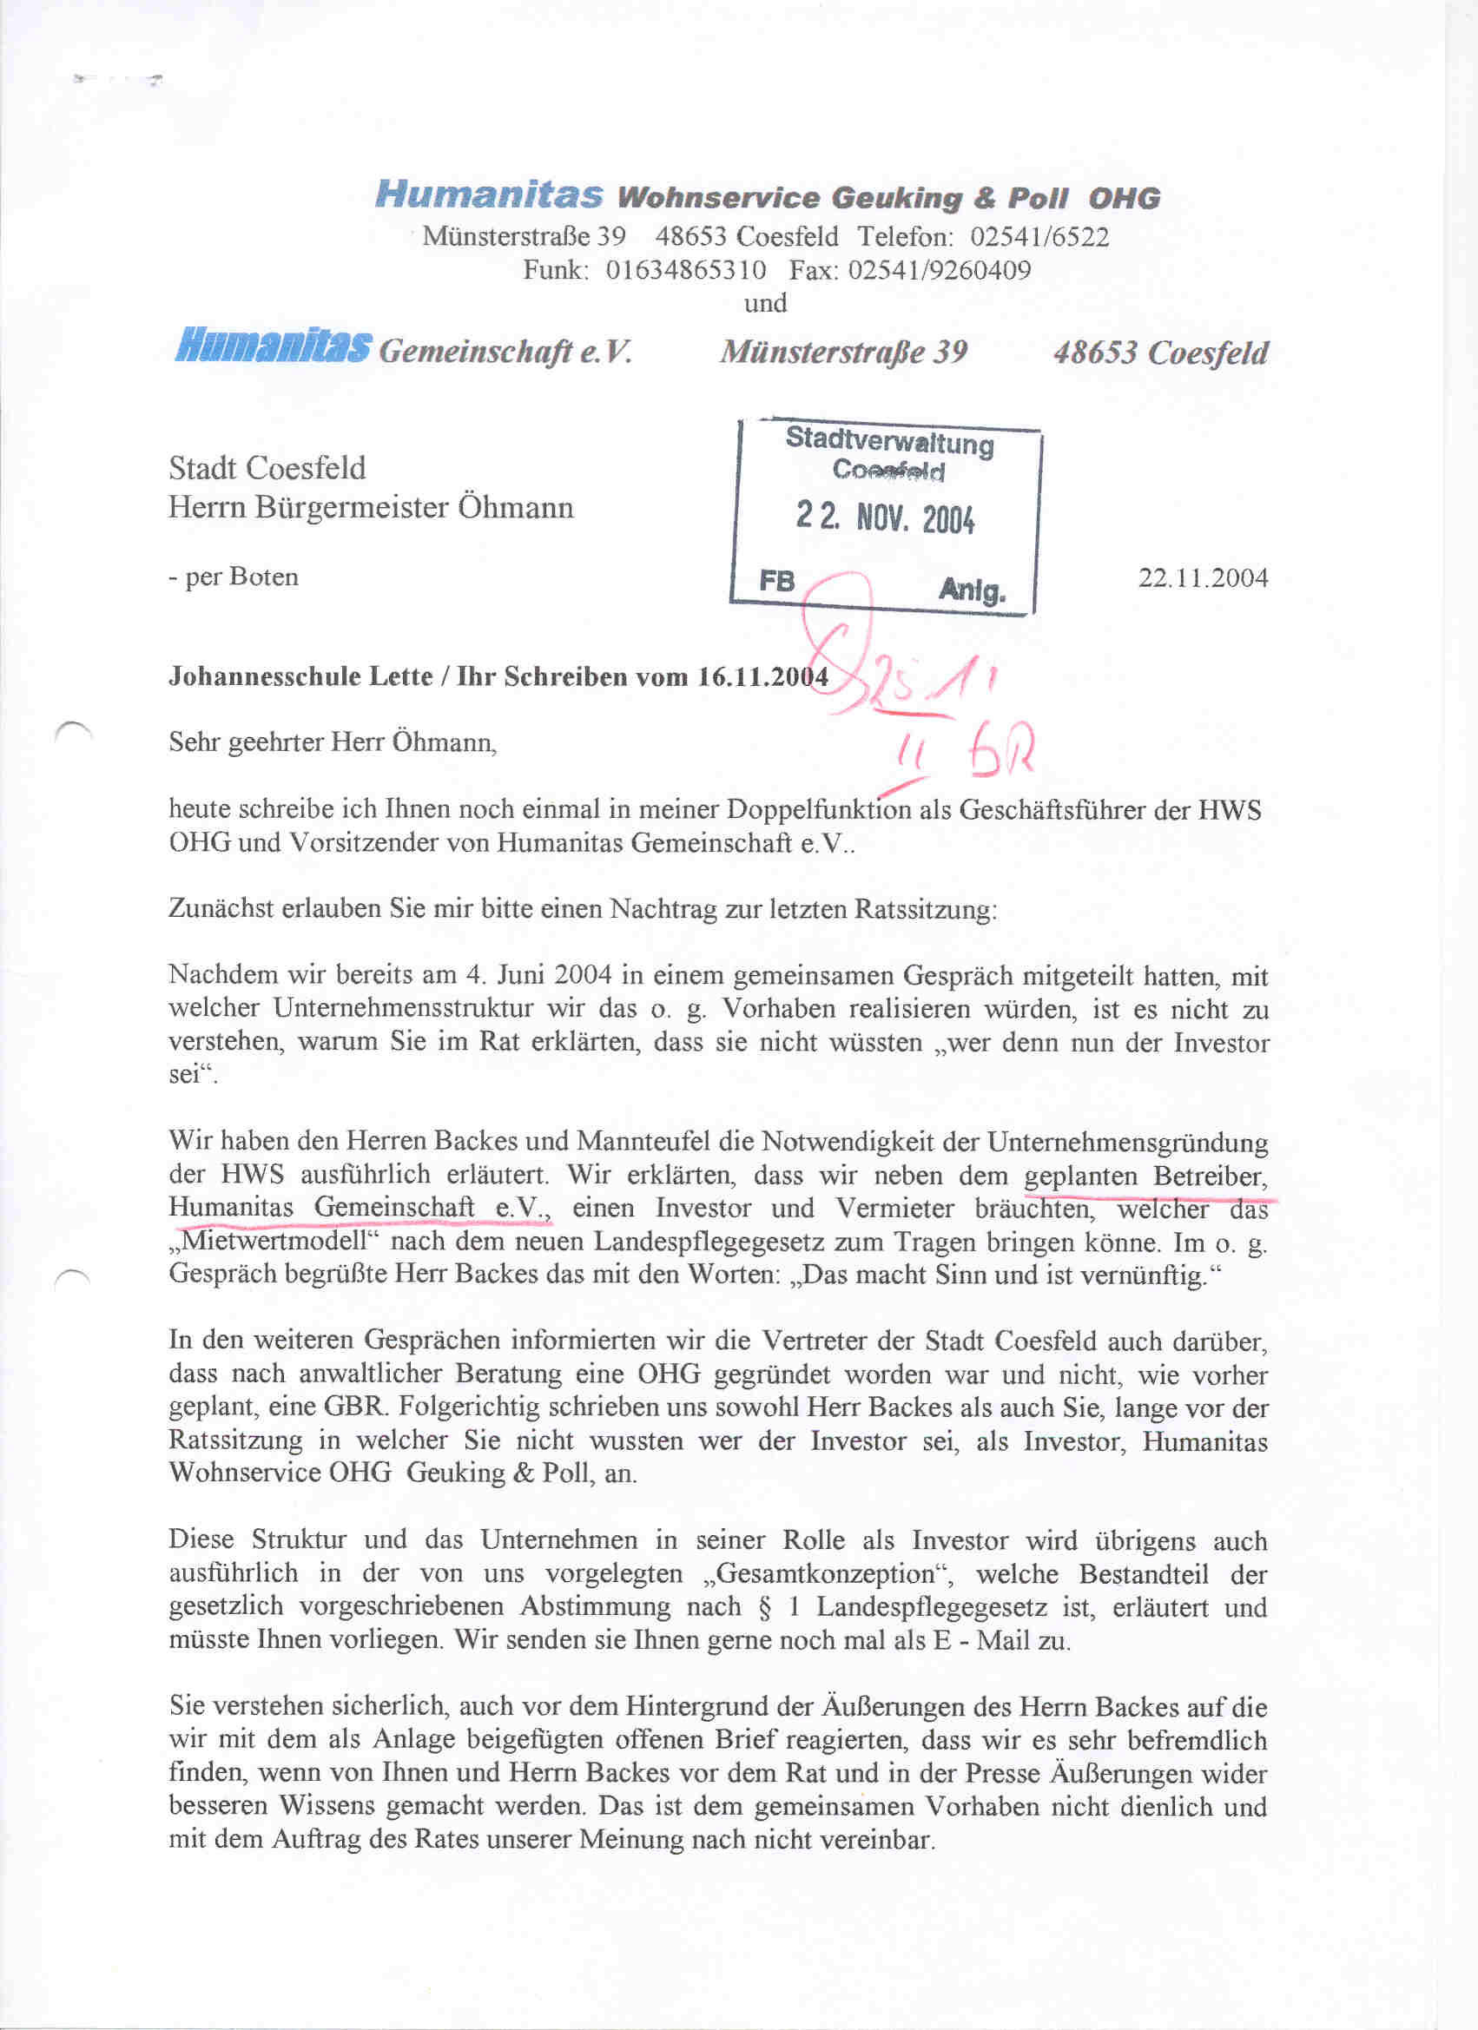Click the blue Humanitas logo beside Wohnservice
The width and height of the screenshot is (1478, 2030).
click(x=489, y=194)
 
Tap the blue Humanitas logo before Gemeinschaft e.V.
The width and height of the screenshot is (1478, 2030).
click(x=273, y=346)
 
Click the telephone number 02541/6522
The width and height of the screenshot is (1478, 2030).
click(x=1039, y=237)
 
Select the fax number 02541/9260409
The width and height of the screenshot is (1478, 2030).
click(x=939, y=270)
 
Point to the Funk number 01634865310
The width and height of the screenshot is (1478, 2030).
click(x=686, y=270)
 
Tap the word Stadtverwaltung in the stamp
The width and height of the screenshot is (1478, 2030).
click(x=889, y=440)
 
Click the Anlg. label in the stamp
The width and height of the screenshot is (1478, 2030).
click(x=973, y=590)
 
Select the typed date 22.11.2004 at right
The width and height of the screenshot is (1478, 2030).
click(x=1202, y=577)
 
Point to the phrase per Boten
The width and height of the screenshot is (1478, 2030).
click(x=241, y=577)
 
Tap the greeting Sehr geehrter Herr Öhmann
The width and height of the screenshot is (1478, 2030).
click(x=332, y=742)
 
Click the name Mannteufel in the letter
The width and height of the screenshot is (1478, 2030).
click(x=663, y=1142)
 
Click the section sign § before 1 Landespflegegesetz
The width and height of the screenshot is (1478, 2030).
click(x=763, y=1607)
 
